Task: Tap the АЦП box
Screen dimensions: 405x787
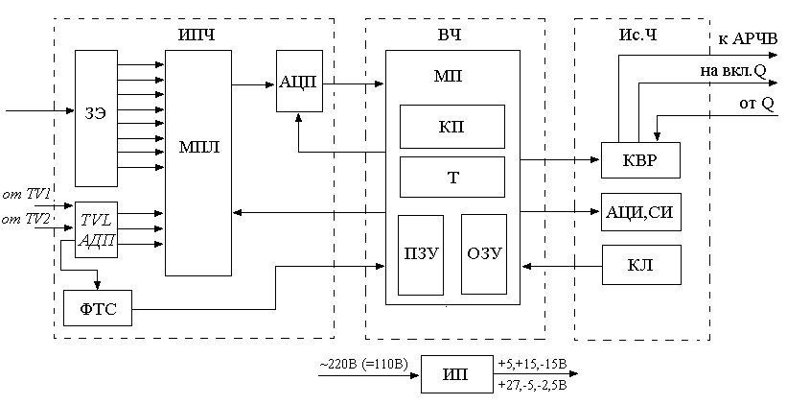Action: click(298, 83)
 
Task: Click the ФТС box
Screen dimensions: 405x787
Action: click(97, 309)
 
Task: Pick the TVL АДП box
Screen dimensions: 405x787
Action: click(96, 230)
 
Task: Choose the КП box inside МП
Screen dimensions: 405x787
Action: click(451, 125)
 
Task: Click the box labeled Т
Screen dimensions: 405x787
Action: click(451, 177)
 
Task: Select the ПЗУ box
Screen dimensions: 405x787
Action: click(421, 254)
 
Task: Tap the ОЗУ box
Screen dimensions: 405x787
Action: click(483, 254)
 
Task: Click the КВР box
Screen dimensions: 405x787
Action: click(640, 159)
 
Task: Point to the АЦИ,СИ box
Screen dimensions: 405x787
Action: click(640, 211)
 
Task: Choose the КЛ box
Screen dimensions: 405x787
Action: click(640, 263)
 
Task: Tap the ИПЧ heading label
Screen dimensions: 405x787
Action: click(197, 36)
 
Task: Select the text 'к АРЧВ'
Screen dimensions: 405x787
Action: click(748, 38)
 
